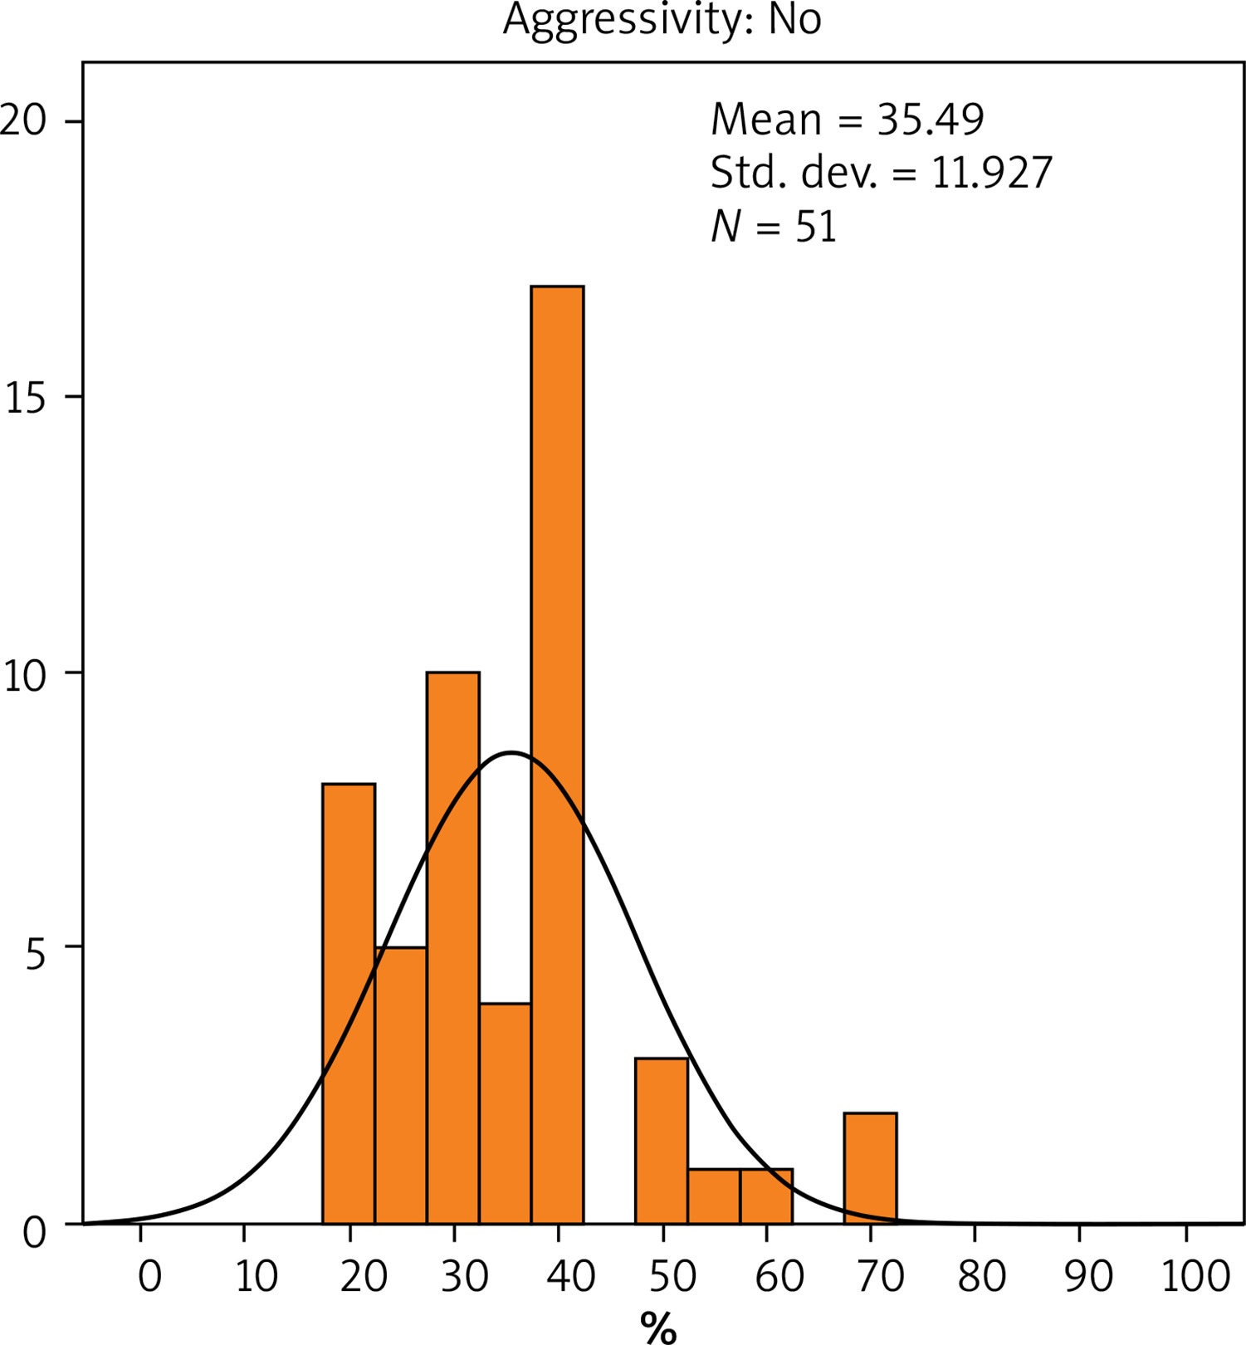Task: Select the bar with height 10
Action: pos(453,946)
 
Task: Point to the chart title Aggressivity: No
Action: pos(662,20)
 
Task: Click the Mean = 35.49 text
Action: pos(847,120)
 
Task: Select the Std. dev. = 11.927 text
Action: pos(881,173)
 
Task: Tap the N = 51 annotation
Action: pos(774,226)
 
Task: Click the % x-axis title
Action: pos(658,1327)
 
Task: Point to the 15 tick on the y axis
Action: pos(25,397)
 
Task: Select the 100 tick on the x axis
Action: pos(1195,1276)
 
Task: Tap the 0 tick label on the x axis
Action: pos(149,1276)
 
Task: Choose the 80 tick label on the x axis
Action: pos(981,1276)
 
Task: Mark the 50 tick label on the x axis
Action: pos(672,1276)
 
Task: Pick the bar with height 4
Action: pos(505,1113)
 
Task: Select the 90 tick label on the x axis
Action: pos(1087,1276)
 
